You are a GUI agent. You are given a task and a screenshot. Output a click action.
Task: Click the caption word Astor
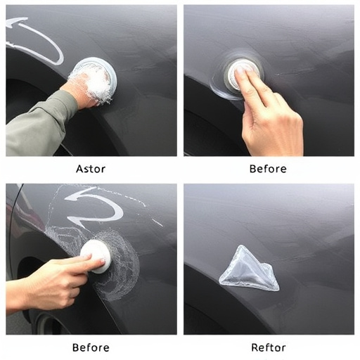91,169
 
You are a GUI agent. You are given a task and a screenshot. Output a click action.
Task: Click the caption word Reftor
268,347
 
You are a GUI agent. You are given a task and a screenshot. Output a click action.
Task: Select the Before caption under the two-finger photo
268,169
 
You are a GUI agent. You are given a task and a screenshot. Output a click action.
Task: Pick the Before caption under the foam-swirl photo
91,347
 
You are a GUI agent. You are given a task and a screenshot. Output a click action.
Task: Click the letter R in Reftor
255,347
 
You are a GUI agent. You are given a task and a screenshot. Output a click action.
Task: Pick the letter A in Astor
79,169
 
